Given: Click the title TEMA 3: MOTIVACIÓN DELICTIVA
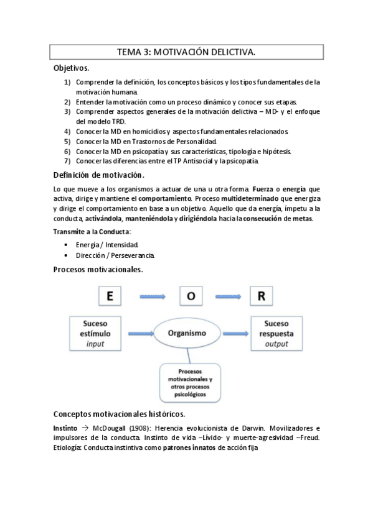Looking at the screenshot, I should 186,53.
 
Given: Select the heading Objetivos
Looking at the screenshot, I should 71,68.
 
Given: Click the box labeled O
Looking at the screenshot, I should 191,296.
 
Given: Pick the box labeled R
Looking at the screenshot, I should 261,296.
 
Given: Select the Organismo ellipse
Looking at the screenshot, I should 187,333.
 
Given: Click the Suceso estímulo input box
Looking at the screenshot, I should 95,333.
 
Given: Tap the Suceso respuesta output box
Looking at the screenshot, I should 276,333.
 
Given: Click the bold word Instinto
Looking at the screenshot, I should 65,428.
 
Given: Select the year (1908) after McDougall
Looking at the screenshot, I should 139,428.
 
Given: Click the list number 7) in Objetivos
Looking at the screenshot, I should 67,161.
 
